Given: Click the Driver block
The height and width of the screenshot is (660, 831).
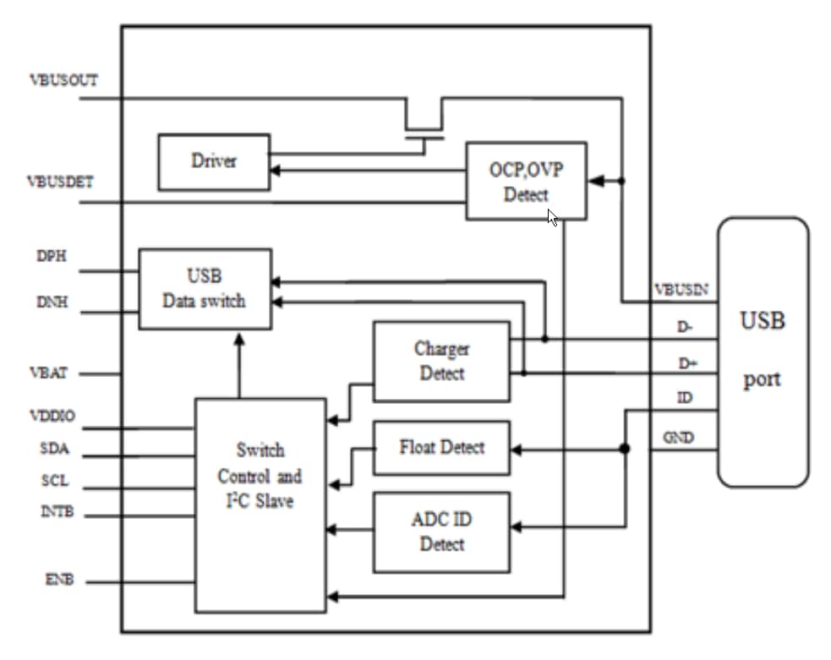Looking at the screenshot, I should click(x=214, y=161).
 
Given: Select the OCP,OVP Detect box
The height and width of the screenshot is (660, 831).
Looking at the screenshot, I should click(x=526, y=181).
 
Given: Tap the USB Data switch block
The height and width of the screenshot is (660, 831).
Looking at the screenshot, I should click(x=205, y=288).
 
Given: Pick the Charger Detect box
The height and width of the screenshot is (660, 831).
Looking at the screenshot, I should click(x=441, y=361).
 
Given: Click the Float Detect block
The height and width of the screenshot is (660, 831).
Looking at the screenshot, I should click(x=441, y=448).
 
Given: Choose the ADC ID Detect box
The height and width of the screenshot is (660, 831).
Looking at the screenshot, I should click(x=441, y=532).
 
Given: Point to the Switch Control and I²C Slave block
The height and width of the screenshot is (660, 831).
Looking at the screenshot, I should click(x=260, y=505).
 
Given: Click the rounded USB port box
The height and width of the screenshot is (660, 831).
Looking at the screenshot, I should click(x=763, y=352).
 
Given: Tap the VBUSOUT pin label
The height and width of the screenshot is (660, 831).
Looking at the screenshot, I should click(x=63, y=80).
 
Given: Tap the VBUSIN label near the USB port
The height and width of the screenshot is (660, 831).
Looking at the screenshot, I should click(x=681, y=290).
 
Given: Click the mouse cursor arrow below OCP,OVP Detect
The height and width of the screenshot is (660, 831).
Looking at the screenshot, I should click(x=552, y=218).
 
